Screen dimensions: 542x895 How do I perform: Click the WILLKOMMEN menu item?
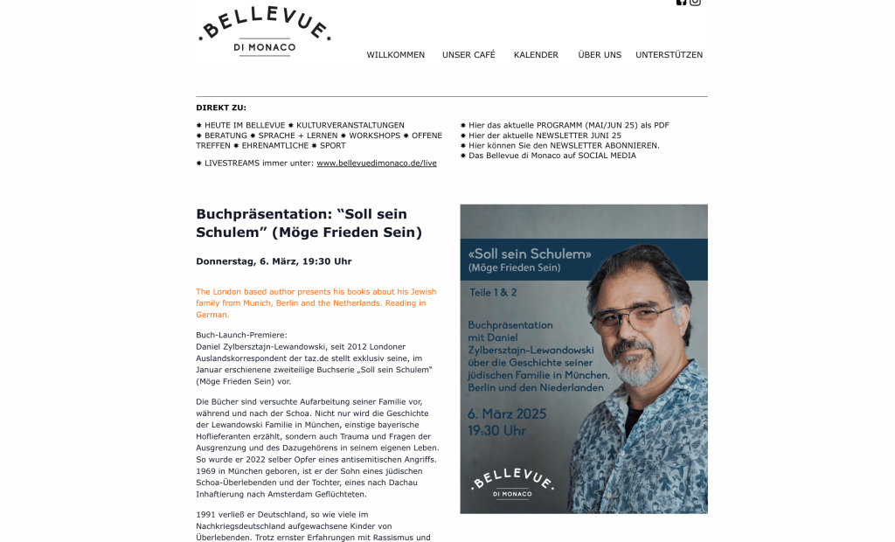coord(395,55)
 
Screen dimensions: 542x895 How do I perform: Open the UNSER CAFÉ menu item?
coord(468,55)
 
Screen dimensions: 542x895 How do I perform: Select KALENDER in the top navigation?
coord(536,55)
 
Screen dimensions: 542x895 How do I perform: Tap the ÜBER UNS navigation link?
coord(600,55)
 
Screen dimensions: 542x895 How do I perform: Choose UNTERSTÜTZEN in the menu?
coord(669,55)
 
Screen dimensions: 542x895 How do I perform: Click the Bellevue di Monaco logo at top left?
coord(264,31)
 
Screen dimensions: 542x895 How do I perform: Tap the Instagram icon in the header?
coord(695,2)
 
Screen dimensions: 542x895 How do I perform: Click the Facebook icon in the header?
coord(682,2)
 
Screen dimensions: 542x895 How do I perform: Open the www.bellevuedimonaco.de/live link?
coord(376,163)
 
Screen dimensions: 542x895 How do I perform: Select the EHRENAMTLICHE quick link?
coord(274,146)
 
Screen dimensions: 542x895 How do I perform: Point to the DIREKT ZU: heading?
coord(221,108)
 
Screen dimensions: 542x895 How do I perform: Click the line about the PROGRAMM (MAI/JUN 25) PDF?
coord(568,126)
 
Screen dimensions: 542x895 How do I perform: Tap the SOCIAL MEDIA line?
coord(552,156)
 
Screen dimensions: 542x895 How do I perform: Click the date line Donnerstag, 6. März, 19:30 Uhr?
coord(274,261)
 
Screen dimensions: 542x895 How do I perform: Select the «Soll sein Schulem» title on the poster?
coord(530,254)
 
